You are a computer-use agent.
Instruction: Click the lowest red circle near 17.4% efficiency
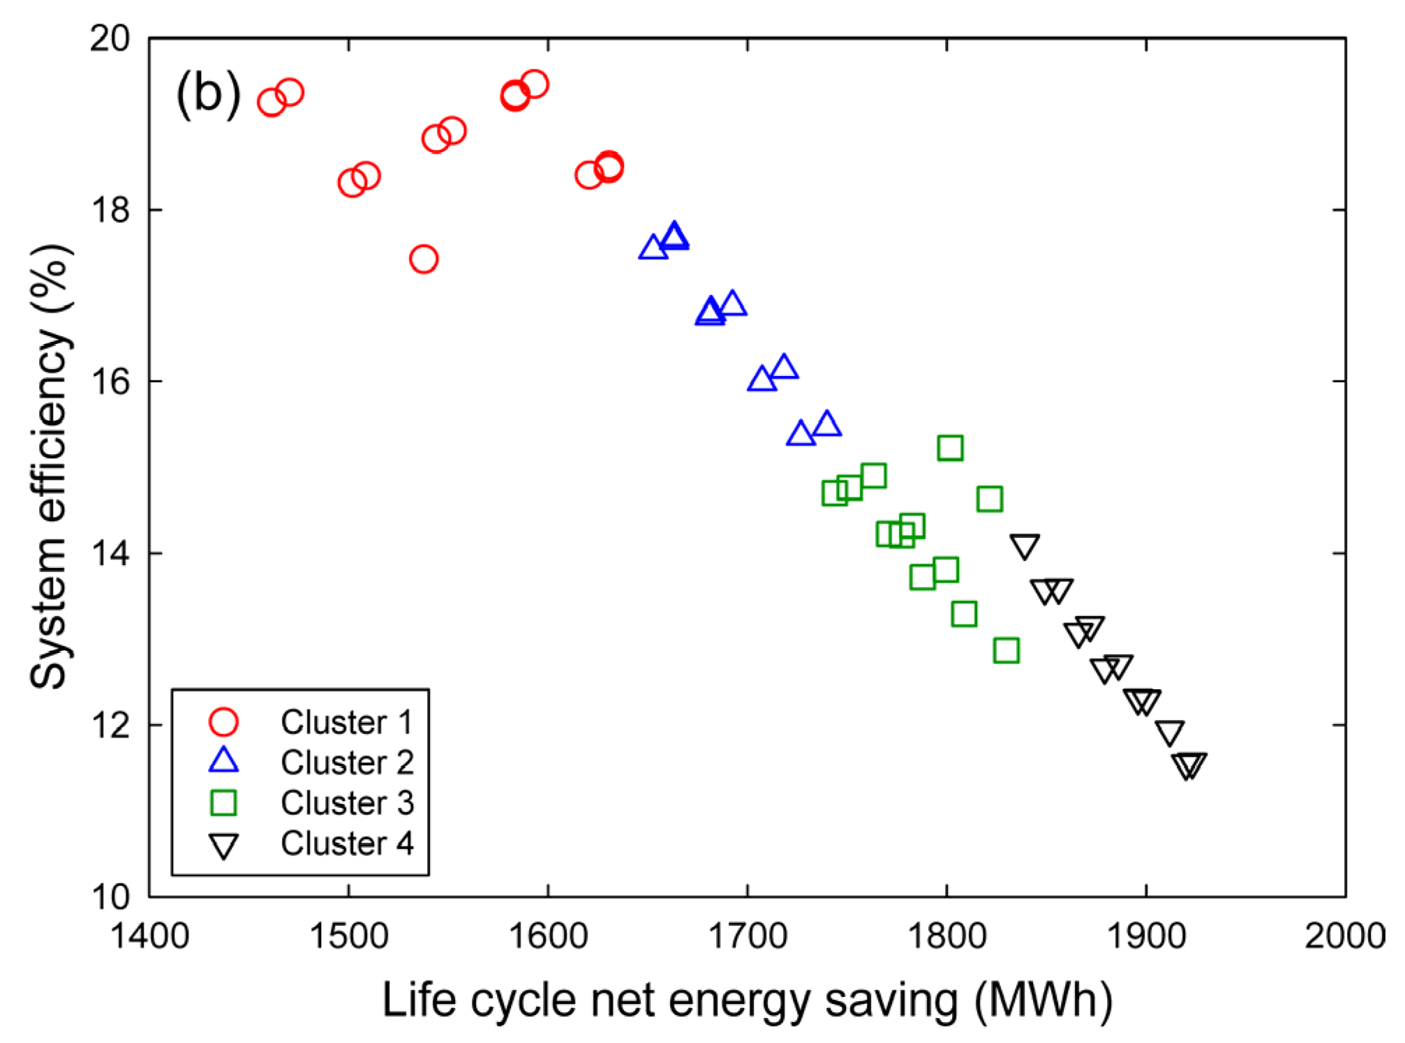pos(424,259)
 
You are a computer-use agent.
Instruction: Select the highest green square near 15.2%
pos(950,447)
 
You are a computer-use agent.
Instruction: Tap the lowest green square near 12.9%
pos(1006,650)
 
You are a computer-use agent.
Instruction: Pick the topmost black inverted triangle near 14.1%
pos(1025,546)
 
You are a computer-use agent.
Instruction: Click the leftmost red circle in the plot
pos(272,102)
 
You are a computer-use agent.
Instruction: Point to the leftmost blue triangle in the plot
pos(653,248)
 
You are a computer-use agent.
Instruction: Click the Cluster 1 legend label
pos(347,722)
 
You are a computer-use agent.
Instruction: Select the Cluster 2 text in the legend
pos(347,763)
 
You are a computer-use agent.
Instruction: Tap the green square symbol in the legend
pos(223,803)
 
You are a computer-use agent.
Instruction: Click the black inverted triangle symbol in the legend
pos(223,846)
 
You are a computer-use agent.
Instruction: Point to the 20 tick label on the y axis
pos(110,38)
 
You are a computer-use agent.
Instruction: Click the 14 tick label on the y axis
pos(110,553)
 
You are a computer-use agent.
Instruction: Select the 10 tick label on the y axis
pos(110,896)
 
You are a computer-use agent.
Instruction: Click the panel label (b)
pos(208,94)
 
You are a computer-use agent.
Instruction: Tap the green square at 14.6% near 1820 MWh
pos(990,499)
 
